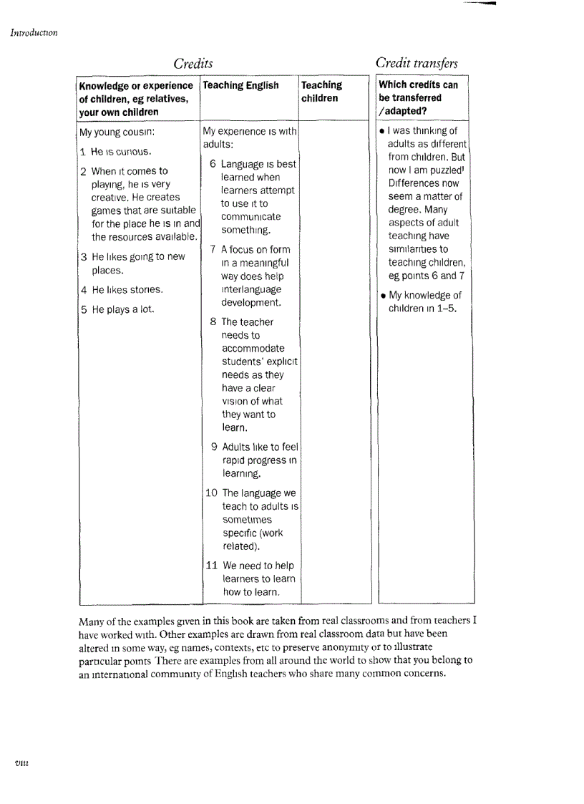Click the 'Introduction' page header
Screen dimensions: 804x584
click(x=34, y=32)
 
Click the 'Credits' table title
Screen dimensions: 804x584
click(x=193, y=64)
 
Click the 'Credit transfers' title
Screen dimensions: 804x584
click(x=417, y=63)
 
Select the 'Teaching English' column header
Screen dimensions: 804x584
click(x=241, y=85)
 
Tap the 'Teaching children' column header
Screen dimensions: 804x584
click(x=321, y=92)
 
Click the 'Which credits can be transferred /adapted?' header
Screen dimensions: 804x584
click(x=418, y=98)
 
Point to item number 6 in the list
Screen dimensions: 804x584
click(x=213, y=164)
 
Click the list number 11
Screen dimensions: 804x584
click(x=212, y=566)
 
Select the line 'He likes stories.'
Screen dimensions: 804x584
click(x=122, y=290)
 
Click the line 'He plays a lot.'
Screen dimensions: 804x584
click(x=117, y=310)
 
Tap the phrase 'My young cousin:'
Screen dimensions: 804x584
click(x=117, y=132)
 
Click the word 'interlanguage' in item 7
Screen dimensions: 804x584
click(x=251, y=290)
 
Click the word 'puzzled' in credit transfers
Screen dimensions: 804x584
click(x=446, y=170)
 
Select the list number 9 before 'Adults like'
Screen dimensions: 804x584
click(x=215, y=447)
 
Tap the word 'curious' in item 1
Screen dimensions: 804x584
click(x=135, y=152)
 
